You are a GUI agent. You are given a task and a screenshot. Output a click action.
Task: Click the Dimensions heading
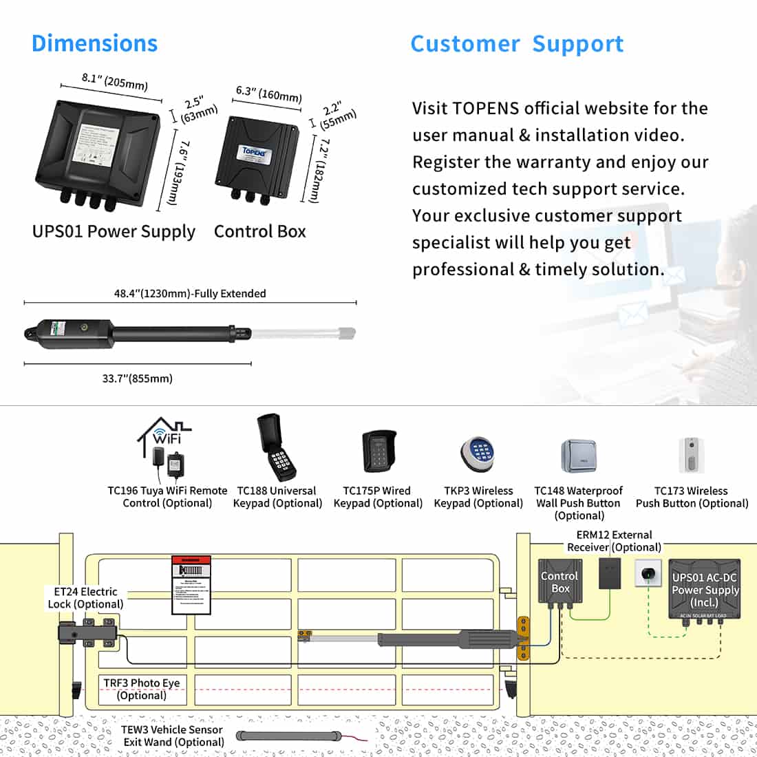pos(94,43)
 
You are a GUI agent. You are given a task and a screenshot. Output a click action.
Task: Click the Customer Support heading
pos(516,44)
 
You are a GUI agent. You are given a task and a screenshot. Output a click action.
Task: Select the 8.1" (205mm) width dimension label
pos(114,81)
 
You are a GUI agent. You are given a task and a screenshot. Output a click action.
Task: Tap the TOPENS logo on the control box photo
pos(256,151)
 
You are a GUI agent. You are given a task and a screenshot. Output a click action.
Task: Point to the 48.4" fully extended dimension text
pos(189,294)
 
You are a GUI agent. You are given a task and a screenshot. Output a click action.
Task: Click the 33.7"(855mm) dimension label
pos(137,378)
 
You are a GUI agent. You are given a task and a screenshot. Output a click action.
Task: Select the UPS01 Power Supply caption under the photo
pos(114,232)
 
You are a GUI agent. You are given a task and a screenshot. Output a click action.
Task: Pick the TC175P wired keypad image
pos(378,451)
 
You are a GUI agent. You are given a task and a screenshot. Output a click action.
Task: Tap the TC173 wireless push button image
pos(691,455)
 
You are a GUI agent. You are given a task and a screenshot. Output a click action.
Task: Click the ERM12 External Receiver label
pos(614,541)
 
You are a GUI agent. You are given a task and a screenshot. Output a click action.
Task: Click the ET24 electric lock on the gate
pos(86,631)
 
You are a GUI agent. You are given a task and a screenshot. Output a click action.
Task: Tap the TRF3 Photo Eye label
pos(141,689)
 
